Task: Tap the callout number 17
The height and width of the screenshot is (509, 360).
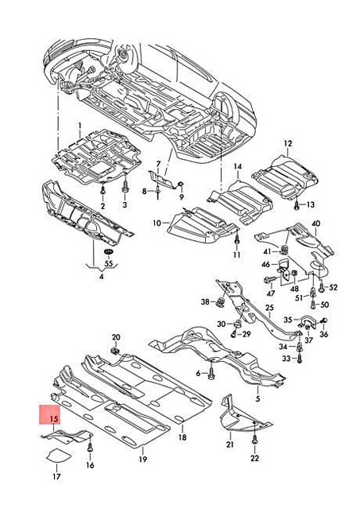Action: [x=56, y=477]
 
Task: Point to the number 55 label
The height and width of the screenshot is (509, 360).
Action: [x=108, y=263]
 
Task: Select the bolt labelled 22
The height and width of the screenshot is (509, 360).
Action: [x=254, y=437]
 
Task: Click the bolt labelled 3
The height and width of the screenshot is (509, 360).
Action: [x=125, y=188]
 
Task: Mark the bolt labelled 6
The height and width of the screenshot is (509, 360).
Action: [x=213, y=371]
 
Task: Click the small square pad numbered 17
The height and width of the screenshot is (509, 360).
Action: [x=56, y=457]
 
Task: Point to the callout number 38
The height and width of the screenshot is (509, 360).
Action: [x=204, y=301]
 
